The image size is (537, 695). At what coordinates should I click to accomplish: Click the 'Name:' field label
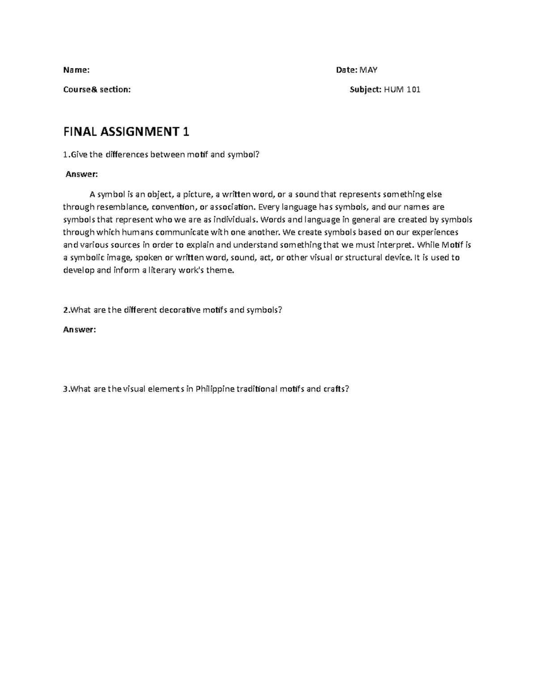point(76,70)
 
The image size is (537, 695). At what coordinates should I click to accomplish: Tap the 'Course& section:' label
point(97,90)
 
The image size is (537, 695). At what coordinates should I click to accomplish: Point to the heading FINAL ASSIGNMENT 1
point(127,132)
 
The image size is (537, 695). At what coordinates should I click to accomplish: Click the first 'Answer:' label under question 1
point(81,174)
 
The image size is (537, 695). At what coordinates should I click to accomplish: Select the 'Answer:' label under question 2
point(79,329)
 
